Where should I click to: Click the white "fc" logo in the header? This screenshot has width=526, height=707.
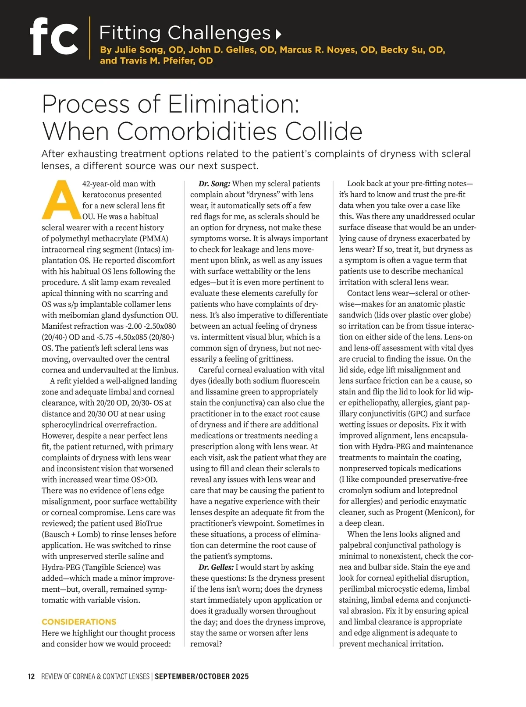point(54,37)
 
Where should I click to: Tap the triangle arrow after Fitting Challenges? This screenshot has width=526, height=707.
point(278,34)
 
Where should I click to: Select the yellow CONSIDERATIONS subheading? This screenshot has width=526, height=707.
point(79,622)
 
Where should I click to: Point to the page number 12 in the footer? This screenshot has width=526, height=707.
point(31,676)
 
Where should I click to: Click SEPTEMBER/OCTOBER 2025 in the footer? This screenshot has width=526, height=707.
point(202,676)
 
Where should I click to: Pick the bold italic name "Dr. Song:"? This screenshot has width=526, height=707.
point(214,184)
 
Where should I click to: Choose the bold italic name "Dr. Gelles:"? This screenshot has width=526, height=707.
point(216,567)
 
